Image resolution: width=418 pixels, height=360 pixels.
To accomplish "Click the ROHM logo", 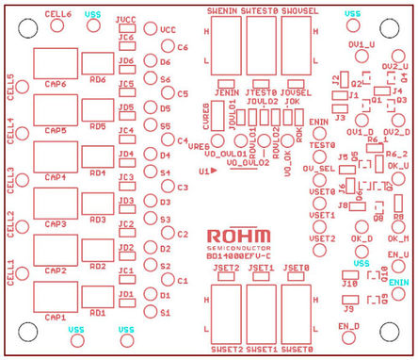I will point(238,235).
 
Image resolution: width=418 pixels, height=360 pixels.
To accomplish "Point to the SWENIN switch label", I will point(222,8).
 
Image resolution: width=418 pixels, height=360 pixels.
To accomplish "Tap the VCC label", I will point(168,30).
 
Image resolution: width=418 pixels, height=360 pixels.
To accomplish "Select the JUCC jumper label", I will point(126,19).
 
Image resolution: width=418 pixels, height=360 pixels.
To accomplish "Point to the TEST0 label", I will point(322,144).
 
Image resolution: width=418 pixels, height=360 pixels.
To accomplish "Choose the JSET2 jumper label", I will point(226,269).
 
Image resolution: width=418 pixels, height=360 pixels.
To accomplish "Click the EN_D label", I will point(349,325).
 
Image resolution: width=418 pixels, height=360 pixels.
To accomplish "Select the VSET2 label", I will point(322,238).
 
